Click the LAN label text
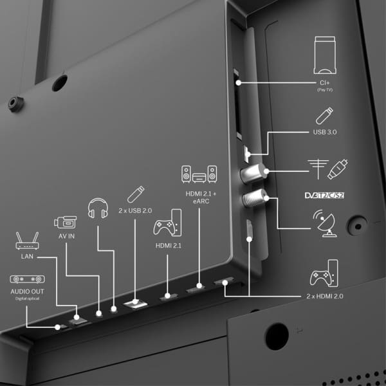click(27, 257)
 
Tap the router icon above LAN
click(27, 241)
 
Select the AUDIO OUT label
click(27, 291)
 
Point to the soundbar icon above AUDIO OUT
click(27, 279)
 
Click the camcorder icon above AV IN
click(65, 223)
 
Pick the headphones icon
click(98, 208)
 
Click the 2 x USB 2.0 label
click(135, 211)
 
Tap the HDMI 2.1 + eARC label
click(201, 198)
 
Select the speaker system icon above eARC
click(199, 174)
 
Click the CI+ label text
click(325, 83)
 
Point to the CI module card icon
click(325, 55)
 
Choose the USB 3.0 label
click(325, 132)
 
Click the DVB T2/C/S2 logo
click(324, 196)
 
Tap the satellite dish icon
click(324, 223)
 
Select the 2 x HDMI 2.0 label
click(325, 296)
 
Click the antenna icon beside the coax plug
click(318, 169)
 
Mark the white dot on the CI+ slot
click(238, 83)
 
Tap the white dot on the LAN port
click(77, 317)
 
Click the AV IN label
click(66, 236)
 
